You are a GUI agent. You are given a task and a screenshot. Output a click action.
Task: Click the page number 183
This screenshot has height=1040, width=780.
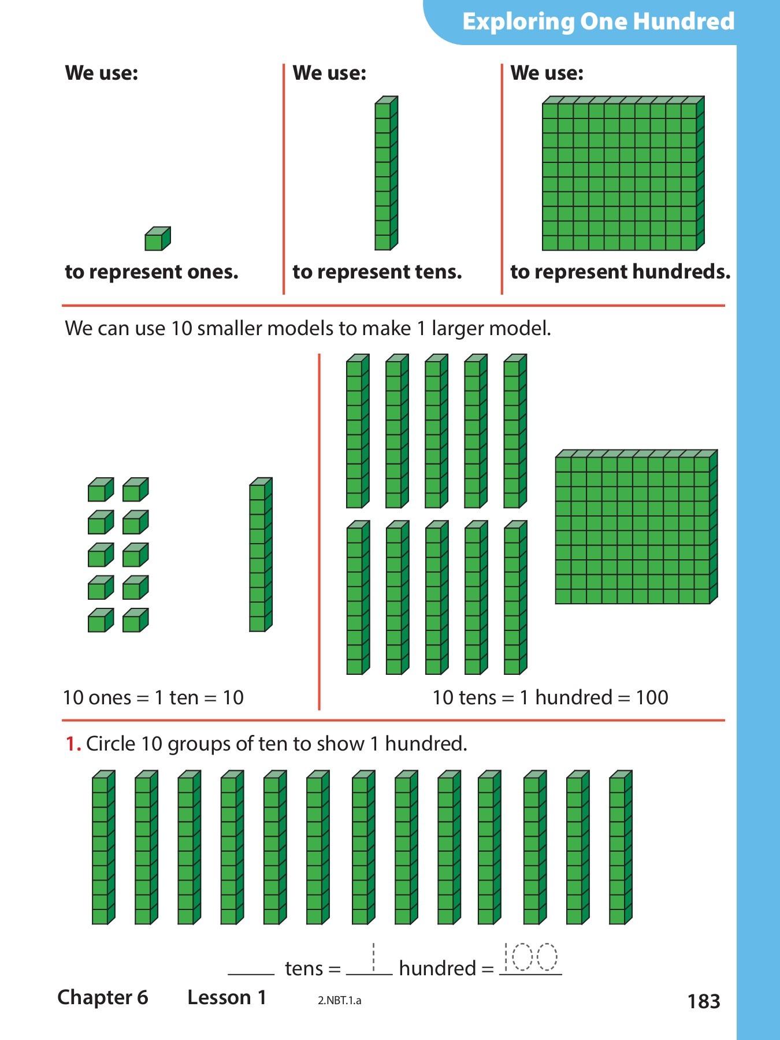point(703,1001)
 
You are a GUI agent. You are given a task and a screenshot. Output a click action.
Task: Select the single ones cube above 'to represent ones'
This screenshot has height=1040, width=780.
point(157,239)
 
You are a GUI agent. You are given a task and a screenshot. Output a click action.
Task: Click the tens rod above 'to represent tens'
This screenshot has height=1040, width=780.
point(386,173)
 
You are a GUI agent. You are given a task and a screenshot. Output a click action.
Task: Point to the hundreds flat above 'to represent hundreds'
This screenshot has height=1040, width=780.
point(622,173)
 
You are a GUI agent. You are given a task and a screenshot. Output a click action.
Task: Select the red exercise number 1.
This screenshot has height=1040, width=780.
point(72,744)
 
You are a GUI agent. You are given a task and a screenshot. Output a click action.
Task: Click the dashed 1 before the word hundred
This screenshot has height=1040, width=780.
point(373,958)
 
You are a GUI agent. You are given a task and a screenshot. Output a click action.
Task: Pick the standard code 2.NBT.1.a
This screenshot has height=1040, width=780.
point(339,1001)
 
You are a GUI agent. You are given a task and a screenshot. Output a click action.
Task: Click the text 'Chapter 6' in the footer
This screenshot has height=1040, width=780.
point(103,997)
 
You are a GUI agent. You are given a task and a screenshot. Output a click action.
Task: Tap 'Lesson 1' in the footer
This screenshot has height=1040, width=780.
point(226,997)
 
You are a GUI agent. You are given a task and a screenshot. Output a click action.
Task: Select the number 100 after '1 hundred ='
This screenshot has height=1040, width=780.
point(652,697)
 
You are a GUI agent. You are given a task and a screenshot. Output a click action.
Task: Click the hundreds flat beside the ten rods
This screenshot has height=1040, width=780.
point(636,527)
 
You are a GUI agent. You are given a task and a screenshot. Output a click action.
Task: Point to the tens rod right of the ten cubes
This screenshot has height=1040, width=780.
point(260,555)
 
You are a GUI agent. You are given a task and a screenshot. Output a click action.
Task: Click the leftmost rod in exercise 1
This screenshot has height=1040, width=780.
point(103,848)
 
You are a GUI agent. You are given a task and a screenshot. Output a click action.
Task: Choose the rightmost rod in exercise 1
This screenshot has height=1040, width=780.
point(620,848)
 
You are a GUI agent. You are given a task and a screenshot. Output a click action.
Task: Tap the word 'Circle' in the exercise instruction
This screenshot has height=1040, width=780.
point(110,744)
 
